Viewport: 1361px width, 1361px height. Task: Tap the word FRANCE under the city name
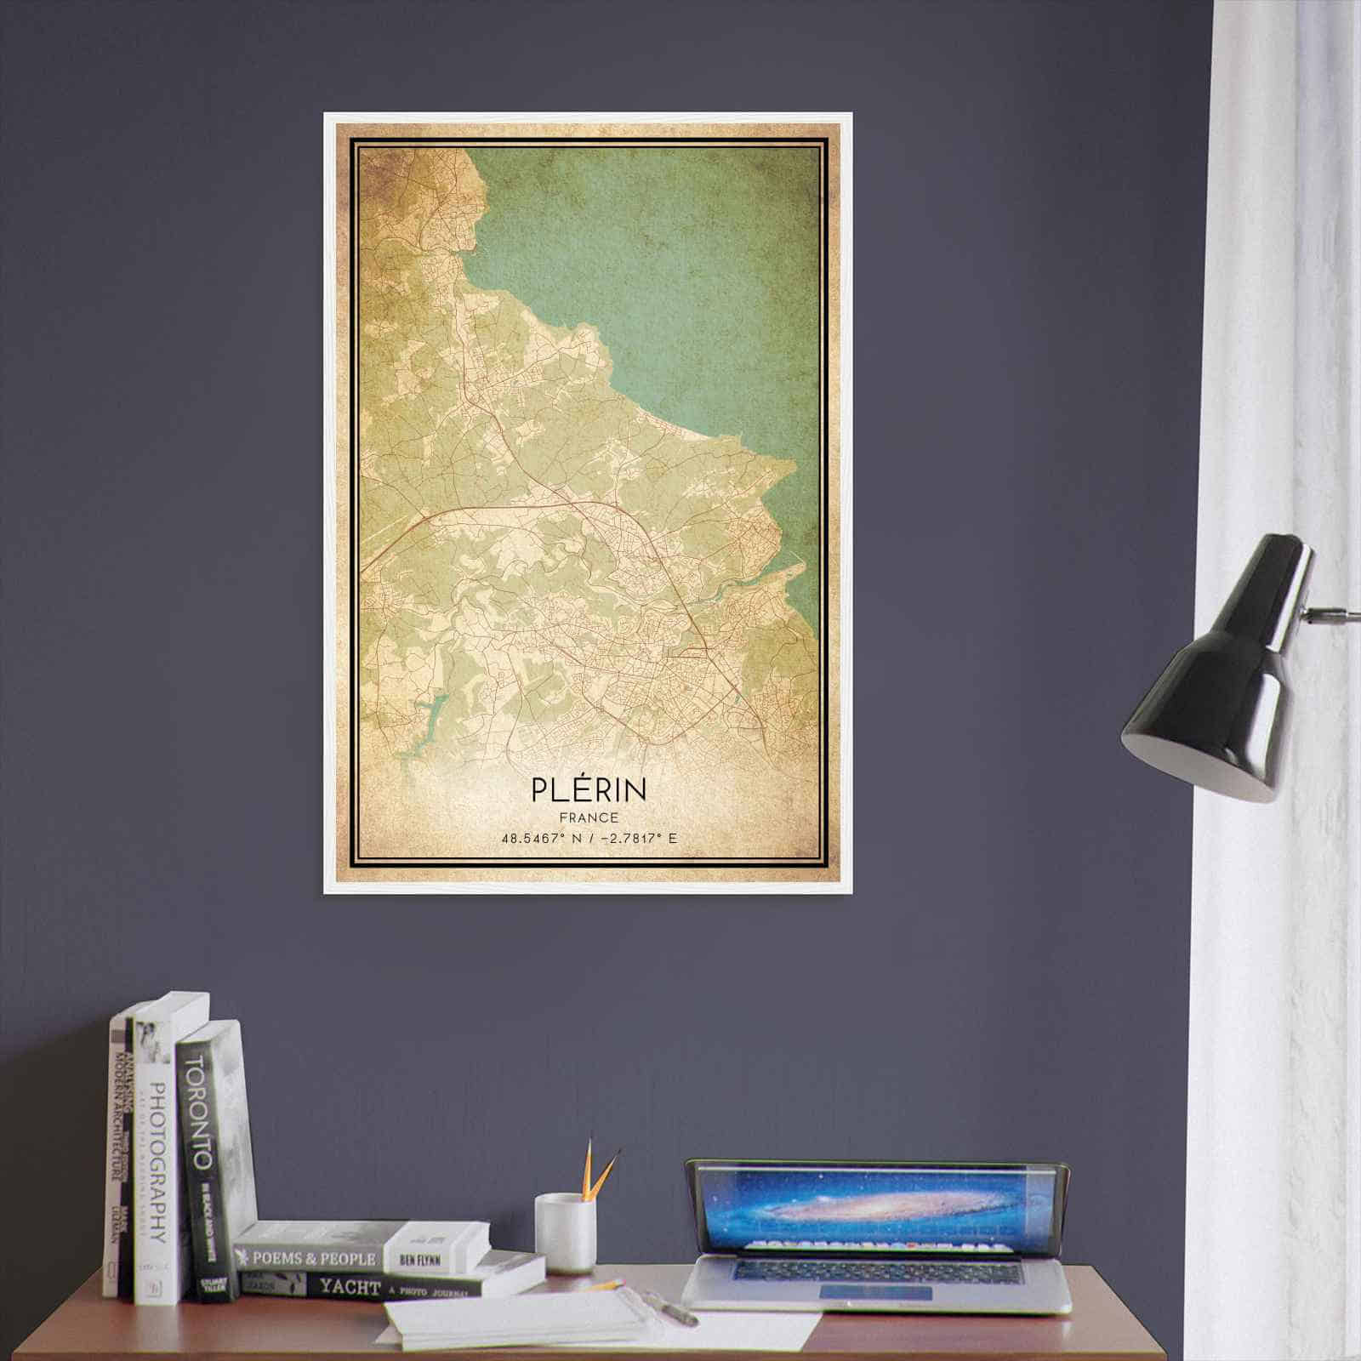(x=589, y=817)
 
